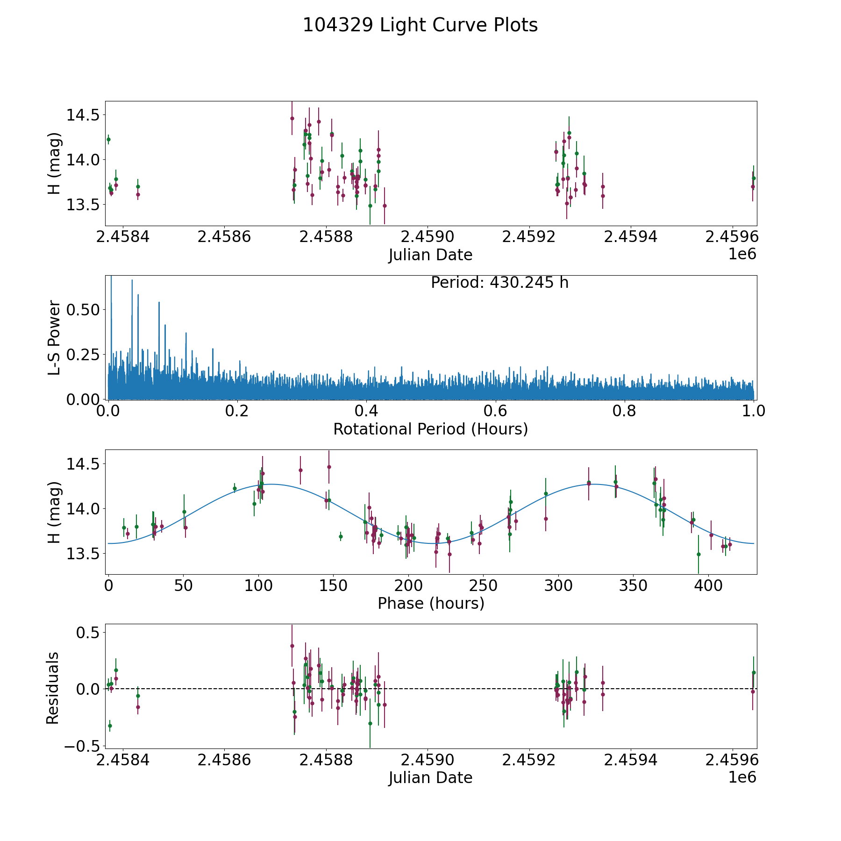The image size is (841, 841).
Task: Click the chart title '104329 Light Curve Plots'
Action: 420,25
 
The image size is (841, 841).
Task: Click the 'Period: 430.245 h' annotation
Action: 499,283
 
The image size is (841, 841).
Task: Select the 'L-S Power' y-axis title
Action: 54,337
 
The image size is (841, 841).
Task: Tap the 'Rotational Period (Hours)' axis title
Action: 430,429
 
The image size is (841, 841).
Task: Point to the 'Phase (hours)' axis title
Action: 431,603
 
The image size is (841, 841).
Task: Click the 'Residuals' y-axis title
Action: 53,688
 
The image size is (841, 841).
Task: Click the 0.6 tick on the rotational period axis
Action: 495,411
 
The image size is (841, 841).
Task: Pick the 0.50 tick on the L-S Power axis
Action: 83,310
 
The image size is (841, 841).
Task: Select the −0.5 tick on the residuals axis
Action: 80,746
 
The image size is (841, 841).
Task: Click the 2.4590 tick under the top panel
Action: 428,237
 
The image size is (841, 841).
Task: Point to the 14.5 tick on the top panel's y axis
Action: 83,115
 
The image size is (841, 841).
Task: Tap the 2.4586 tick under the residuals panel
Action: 224,760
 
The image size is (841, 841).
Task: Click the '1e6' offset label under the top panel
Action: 742,254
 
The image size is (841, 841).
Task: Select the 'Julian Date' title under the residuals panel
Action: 430,777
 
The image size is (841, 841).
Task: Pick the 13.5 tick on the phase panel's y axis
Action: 83,554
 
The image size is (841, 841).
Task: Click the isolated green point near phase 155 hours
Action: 341,536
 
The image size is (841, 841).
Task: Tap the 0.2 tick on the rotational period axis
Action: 237,411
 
